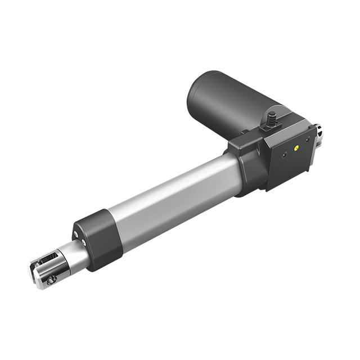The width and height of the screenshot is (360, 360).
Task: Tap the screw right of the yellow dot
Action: pos(308,139)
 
